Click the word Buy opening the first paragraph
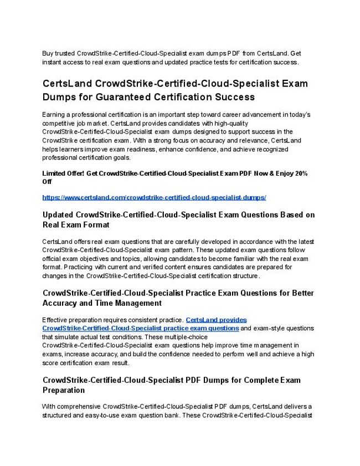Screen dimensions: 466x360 [49, 53]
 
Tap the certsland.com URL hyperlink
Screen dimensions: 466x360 [155, 197]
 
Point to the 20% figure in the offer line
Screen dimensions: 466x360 [301, 173]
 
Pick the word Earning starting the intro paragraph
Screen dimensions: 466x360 [55, 114]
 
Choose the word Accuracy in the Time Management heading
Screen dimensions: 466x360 [63, 303]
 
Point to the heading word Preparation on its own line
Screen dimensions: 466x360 [64, 390]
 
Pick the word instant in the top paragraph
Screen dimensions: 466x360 [52, 62]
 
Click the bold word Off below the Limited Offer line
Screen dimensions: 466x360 [47, 182]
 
